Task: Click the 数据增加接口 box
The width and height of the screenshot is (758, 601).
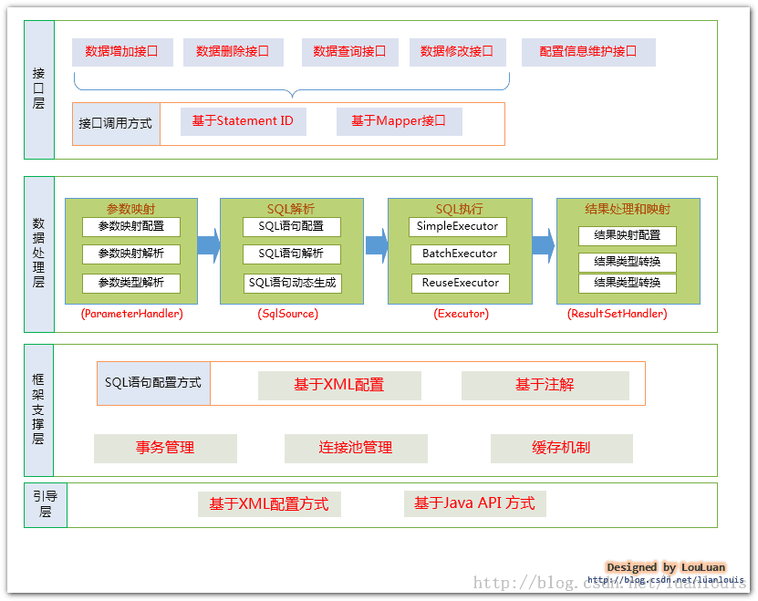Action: click(121, 52)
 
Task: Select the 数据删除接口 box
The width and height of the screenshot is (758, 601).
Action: click(233, 52)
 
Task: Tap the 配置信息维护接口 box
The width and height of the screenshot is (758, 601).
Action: click(588, 52)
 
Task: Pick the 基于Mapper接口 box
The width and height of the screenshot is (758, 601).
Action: click(399, 121)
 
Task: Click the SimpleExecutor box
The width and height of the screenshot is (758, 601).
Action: click(457, 226)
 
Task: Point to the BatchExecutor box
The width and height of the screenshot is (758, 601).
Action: click(459, 254)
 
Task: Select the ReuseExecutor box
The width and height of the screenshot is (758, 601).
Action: click(460, 283)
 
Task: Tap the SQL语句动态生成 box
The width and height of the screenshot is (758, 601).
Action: click(292, 283)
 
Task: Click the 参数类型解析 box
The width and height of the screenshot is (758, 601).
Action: click(131, 283)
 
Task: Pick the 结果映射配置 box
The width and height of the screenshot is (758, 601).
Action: click(627, 235)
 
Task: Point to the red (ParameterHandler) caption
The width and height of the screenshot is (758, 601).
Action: click(131, 314)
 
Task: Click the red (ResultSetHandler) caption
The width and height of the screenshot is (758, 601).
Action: click(618, 314)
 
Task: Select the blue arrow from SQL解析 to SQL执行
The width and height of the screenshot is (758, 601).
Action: click(377, 245)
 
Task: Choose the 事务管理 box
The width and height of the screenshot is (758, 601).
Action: click(165, 448)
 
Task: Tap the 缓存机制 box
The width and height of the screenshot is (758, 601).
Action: click(561, 448)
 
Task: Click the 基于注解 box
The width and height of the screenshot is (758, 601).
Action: click(545, 385)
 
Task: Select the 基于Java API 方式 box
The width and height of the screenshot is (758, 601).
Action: click(474, 503)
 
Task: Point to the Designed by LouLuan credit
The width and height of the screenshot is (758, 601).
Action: click(666, 567)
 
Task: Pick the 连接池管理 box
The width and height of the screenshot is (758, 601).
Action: click(356, 448)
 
